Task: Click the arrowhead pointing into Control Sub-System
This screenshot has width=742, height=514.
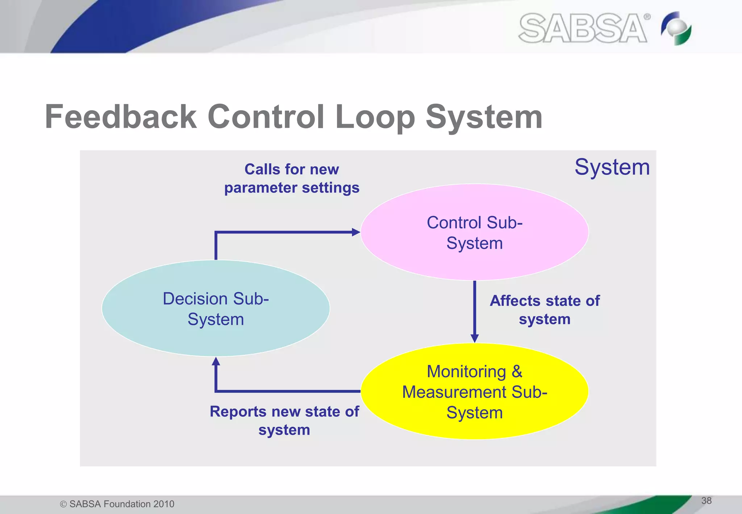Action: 356,232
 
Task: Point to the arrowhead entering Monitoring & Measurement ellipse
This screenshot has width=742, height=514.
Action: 475,338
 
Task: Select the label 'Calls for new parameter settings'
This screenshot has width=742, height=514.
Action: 292,178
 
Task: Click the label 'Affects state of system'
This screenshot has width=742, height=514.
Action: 545,310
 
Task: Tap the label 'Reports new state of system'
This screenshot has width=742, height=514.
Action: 284,420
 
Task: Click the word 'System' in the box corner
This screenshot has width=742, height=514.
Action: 612,167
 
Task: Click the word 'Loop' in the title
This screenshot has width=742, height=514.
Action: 375,117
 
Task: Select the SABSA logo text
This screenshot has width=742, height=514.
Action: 583,28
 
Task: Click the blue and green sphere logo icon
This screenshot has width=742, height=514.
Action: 676,28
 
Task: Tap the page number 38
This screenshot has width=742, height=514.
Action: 706,501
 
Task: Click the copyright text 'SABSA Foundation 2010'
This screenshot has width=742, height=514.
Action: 121,504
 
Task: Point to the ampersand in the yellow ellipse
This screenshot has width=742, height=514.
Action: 517,372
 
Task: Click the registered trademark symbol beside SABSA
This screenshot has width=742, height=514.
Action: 647,17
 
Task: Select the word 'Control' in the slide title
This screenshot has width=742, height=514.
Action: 266,117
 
